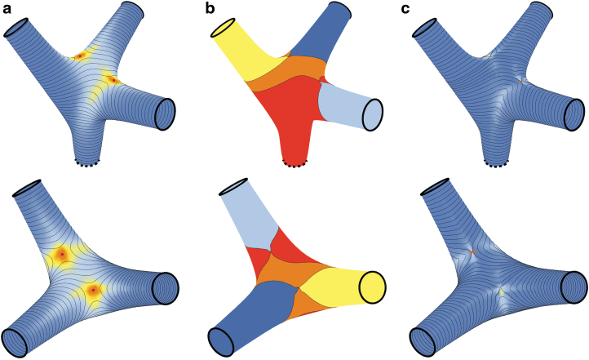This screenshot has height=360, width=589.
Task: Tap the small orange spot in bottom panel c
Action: [472, 252]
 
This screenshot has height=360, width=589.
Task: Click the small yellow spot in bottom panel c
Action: [503, 290]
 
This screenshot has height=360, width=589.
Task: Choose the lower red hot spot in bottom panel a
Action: [94, 290]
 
